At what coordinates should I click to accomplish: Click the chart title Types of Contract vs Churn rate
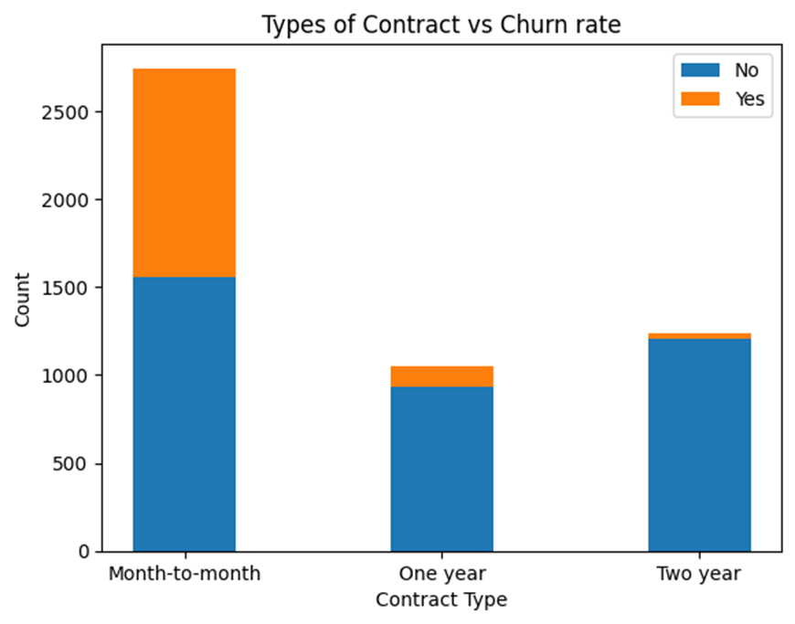click(441, 25)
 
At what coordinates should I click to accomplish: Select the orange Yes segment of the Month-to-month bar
click(185, 173)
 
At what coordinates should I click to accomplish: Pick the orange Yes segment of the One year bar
click(441, 376)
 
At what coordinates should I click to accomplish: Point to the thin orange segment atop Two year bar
click(699, 336)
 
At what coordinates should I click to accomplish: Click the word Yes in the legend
click(748, 100)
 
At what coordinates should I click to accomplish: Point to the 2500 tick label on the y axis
click(66, 112)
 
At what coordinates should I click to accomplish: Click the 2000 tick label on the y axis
click(66, 200)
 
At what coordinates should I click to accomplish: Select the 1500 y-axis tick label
click(66, 288)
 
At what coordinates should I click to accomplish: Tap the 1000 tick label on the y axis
click(66, 375)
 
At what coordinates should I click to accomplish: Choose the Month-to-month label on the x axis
click(185, 575)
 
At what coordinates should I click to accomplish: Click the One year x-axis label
click(441, 575)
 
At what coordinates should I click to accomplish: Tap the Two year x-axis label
click(699, 575)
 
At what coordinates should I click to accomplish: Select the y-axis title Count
click(23, 300)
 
